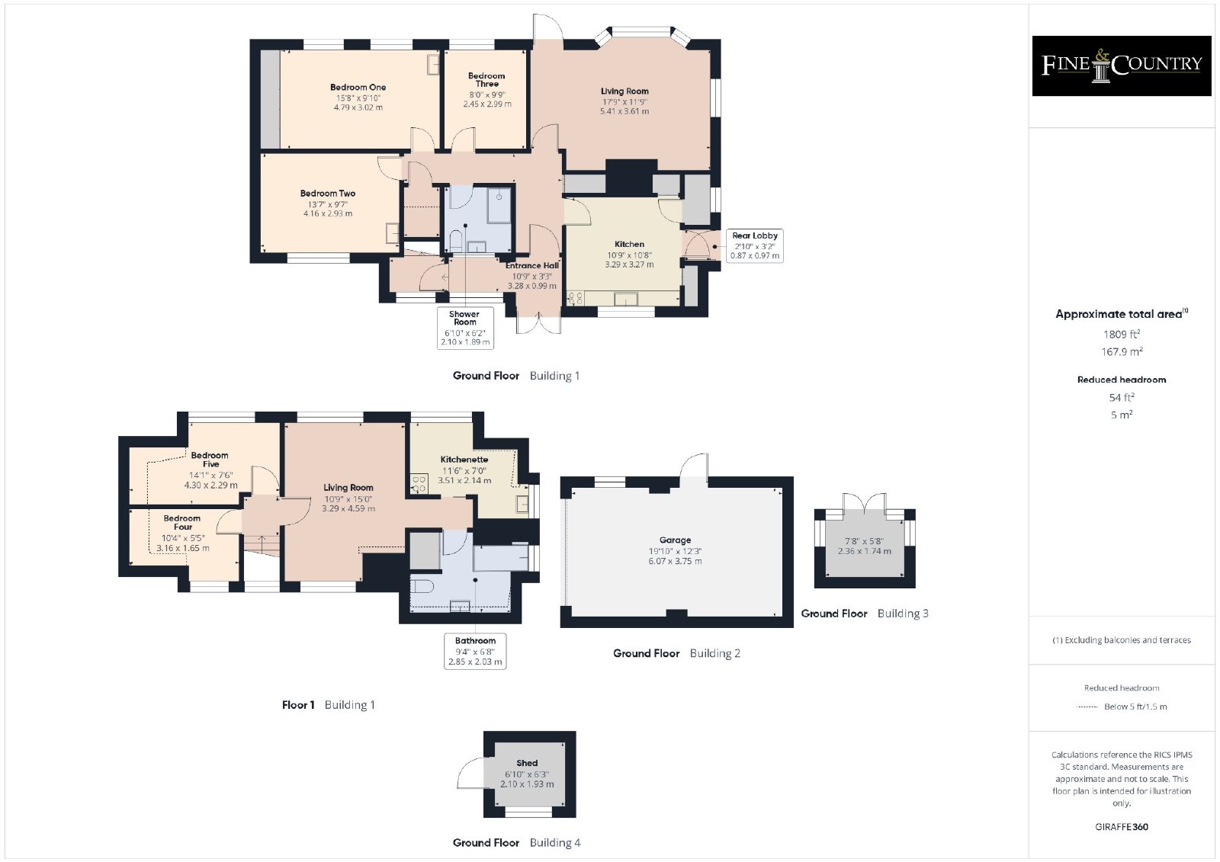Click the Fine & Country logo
coord(1122,66)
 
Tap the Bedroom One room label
coord(358,87)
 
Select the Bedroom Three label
coord(486,79)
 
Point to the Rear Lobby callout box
coord(754,245)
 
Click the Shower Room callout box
coord(465,328)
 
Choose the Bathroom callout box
coord(475,651)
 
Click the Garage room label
coord(675,540)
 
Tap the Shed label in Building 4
coord(527,763)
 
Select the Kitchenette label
coord(464,460)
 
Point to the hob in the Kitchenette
coord(419,483)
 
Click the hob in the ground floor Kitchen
coord(575,298)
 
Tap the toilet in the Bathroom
coord(422,586)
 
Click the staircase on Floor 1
coord(262,545)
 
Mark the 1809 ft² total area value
coord(1122,335)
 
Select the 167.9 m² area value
coord(1122,352)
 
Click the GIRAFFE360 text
coord(1122,827)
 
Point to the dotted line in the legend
coord(1087,707)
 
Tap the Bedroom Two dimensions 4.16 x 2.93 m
coord(327,213)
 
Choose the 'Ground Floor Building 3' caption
coord(865,613)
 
